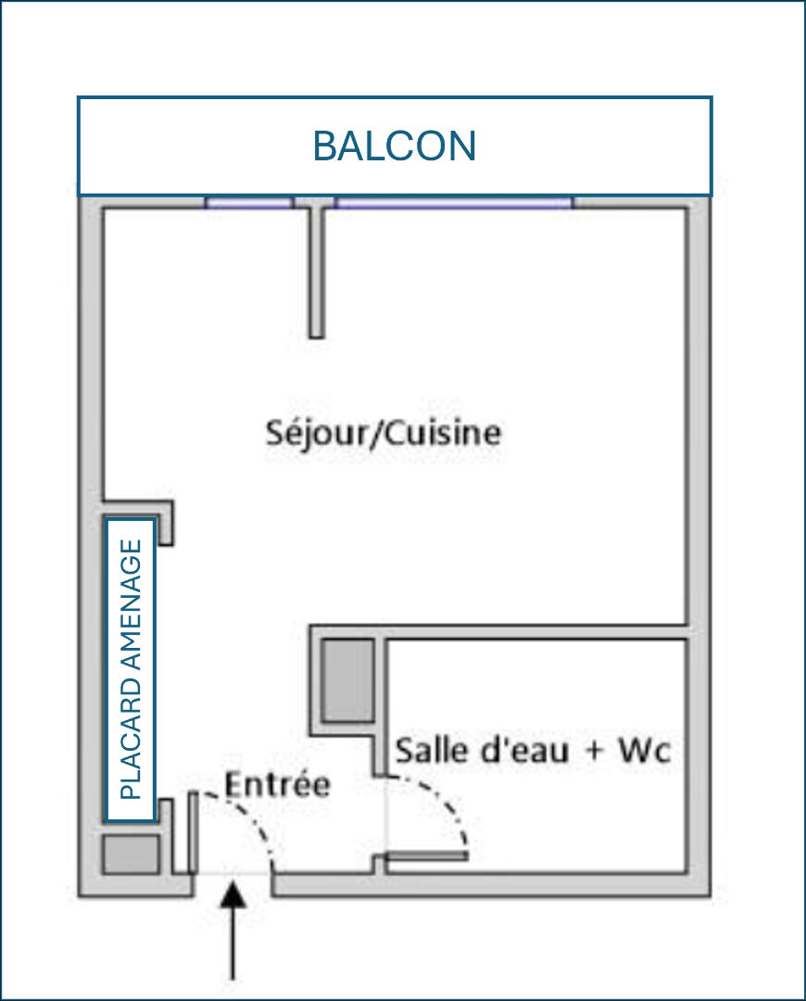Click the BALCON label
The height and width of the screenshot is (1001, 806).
click(x=395, y=146)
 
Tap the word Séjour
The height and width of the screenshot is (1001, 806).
click(x=316, y=434)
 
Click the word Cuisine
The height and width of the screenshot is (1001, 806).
click(x=443, y=432)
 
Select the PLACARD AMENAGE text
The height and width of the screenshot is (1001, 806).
click(x=131, y=669)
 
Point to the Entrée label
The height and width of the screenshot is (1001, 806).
click(x=278, y=784)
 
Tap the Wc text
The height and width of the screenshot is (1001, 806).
click(x=645, y=751)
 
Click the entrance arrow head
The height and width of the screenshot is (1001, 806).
click(x=233, y=893)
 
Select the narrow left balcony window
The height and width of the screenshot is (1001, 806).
click(x=249, y=202)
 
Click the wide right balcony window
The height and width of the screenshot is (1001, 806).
click(x=454, y=202)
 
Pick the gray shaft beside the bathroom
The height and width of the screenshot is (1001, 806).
click(x=347, y=680)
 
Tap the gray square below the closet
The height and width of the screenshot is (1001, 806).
click(x=131, y=854)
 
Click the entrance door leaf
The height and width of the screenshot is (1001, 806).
click(x=192, y=832)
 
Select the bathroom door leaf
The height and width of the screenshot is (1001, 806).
click(x=426, y=856)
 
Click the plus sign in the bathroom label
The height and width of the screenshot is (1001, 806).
click(x=594, y=752)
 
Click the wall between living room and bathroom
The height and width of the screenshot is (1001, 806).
click(x=497, y=632)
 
